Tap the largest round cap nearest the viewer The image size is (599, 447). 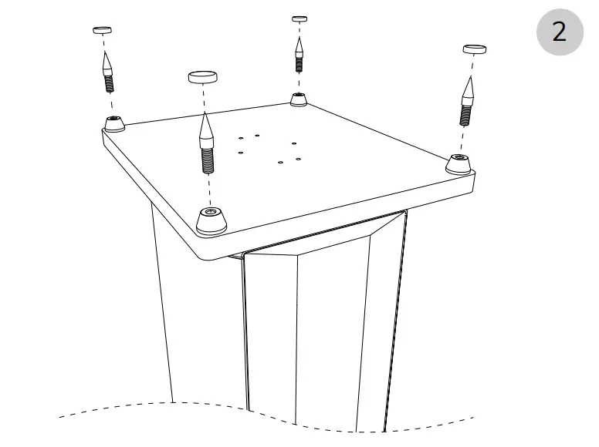pyautogui.click(x=202, y=76)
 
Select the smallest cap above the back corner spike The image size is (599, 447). pyautogui.click(x=299, y=18)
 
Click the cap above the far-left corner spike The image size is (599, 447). pyautogui.click(x=102, y=30)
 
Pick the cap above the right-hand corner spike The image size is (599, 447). pyautogui.click(x=474, y=49)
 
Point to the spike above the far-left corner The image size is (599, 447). pyautogui.click(x=107, y=72)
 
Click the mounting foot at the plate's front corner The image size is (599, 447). pyautogui.click(x=211, y=221)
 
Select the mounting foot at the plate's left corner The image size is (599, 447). pyautogui.click(x=115, y=123)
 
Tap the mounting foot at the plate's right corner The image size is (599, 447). pyautogui.click(x=459, y=163)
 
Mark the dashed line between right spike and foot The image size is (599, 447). pyautogui.click(x=462, y=140)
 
